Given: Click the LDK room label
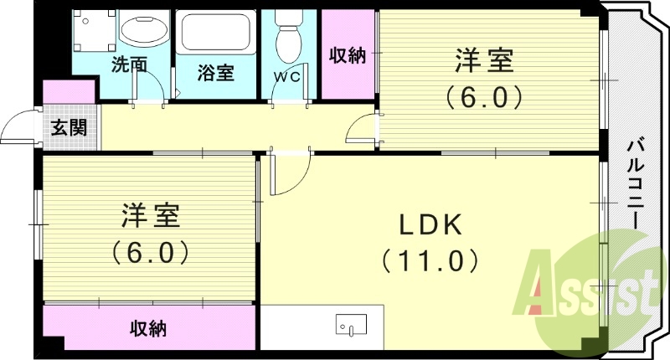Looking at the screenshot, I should tap(430, 224).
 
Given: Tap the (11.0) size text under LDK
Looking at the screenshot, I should tap(430, 260).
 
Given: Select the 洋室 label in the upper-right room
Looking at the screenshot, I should tap(484, 62).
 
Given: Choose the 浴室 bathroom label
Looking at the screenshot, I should tap(215, 73).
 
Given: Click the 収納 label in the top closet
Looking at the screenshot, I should tap(347, 56).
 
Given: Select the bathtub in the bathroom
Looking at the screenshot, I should tap(214, 33).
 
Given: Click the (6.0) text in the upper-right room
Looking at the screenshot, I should tap(484, 97).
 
